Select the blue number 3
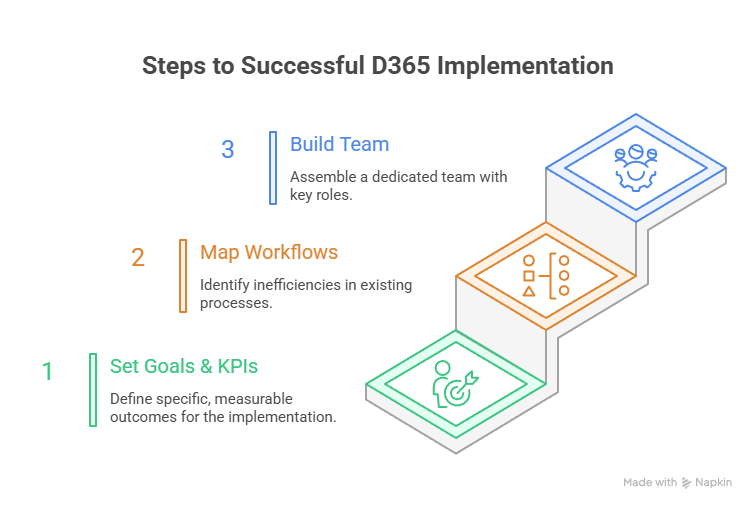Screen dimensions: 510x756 [x=228, y=150]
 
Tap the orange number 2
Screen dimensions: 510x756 [x=138, y=258]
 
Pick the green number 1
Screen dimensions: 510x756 [x=47, y=372]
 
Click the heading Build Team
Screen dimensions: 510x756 [x=339, y=144]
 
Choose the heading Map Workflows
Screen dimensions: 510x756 [x=269, y=252]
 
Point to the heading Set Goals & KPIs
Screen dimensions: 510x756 [x=184, y=366]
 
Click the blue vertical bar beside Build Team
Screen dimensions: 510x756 [x=272, y=168]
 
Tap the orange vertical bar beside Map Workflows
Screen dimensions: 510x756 [x=182, y=276]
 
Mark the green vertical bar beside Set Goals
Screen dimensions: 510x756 [x=92, y=389]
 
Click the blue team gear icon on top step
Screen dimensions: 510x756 [x=636, y=165]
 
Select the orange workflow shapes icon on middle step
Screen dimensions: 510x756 [x=546, y=274]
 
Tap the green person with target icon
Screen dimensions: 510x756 [x=454, y=384]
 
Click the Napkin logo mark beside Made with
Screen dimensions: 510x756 [x=686, y=482]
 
